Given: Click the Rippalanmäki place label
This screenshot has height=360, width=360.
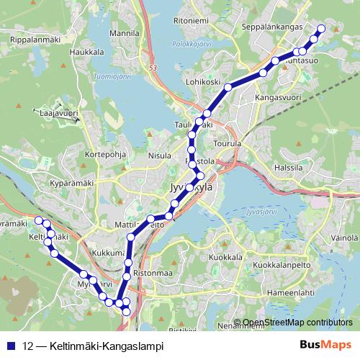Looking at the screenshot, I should click(32, 40).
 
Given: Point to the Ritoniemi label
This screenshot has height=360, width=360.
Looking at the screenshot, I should click(191, 20).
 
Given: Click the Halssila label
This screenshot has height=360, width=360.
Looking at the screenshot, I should click(289, 168).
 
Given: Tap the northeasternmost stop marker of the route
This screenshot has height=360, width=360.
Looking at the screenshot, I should click(321, 28).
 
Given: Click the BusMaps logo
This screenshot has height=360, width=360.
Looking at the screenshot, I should click(325, 345).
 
